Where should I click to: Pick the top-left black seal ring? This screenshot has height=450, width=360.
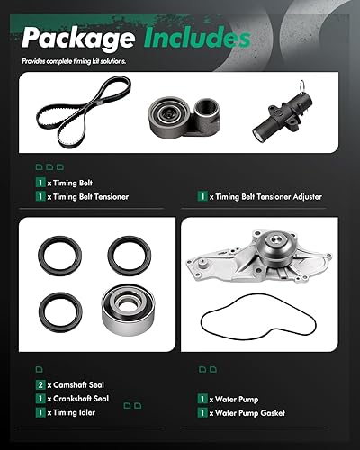(53, 255)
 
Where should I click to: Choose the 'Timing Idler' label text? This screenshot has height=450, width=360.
(72, 412)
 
